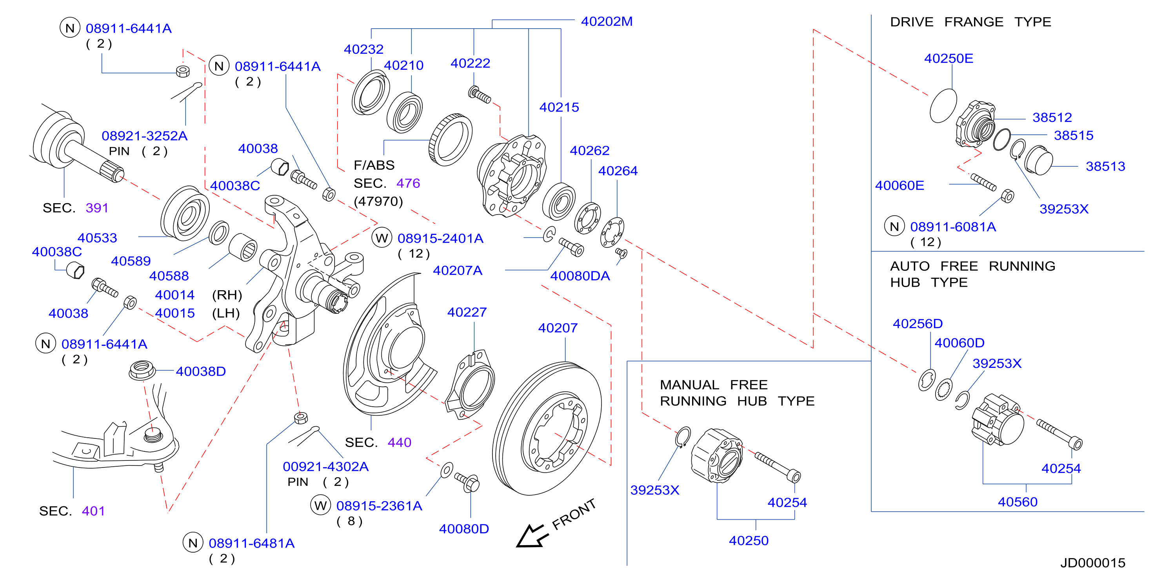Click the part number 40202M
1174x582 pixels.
[607, 22]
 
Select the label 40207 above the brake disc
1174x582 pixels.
[558, 328]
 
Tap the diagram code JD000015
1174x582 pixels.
[1093, 563]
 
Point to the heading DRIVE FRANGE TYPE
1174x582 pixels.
[971, 22]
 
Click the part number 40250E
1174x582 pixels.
[949, 58]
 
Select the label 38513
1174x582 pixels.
[1105, 166]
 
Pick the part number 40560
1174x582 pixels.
[1018, 502]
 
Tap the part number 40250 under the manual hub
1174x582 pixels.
[749, 540]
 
